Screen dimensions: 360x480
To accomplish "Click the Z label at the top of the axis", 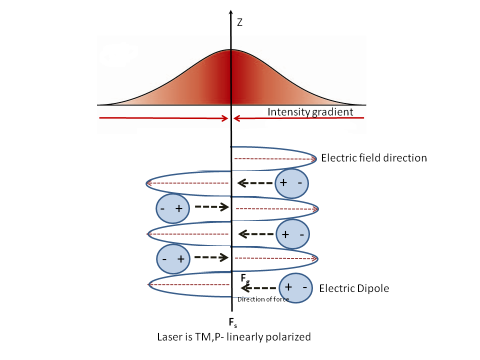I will [x=239, y=22].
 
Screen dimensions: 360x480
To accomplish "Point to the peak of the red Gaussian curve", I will [x=231, y=50].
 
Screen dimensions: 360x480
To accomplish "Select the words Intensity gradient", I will [x=310, y=111].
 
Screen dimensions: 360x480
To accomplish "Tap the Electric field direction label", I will [x=374, y=158].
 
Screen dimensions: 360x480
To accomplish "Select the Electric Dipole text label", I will [x=354, y=288].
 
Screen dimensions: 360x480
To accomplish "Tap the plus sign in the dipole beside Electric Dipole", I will [x=288, y=287].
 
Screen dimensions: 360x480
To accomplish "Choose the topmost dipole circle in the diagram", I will [x=292, y=183].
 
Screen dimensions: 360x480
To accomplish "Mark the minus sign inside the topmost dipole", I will [x=299, y=182].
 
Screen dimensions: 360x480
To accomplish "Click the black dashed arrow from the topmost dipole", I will [x=256, y=183].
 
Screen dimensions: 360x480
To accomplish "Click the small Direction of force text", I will [x=263, y=299].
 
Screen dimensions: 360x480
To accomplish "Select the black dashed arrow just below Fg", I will [x=259, y=288].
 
